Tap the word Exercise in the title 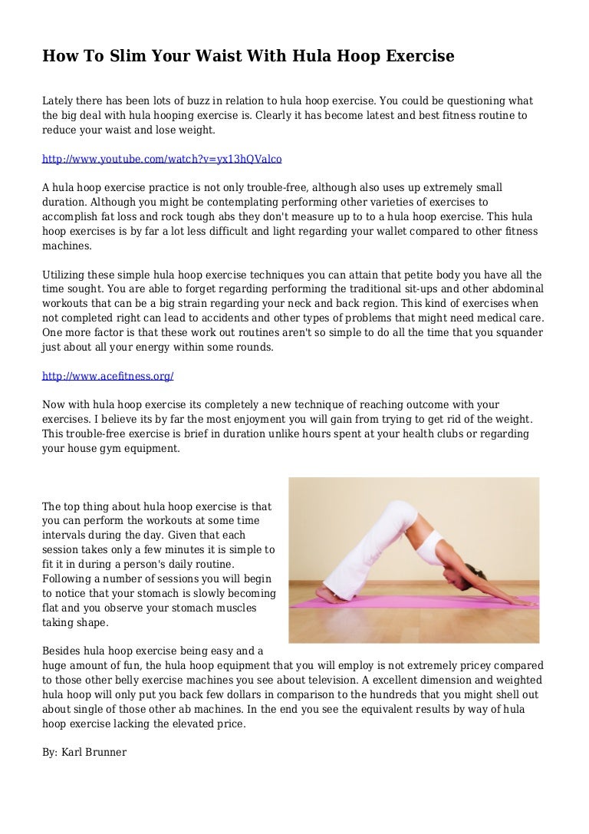coord(416,56)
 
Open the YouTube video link coord(162,159)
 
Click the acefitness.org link coord(107,376)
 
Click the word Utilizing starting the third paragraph coord(65,275)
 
